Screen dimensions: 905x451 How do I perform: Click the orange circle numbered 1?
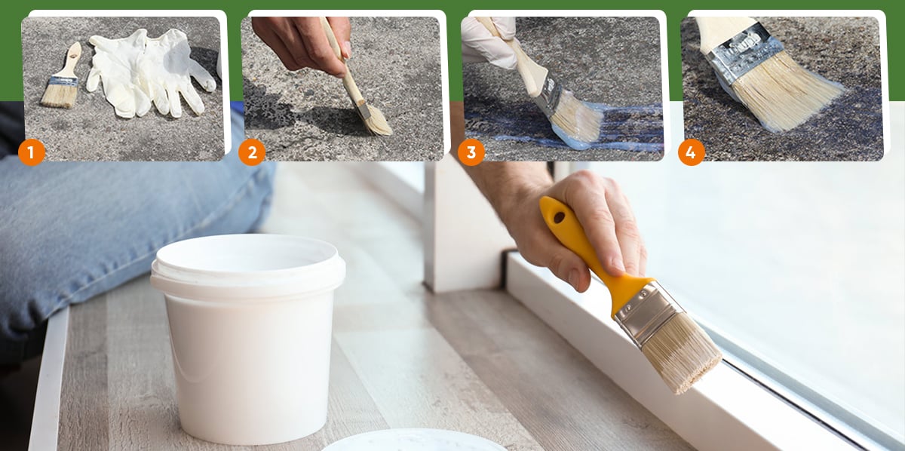pyautogui.click(x=32, y=152)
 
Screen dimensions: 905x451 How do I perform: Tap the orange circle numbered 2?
pyautogui.click(x=252, y=152)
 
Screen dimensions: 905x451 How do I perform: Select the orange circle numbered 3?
pyautogui.click(x=471, y=152)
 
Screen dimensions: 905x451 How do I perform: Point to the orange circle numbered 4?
pyautogui.click(x=692, y=152)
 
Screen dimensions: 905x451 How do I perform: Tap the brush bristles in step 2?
pyautogui.click(x=378, y=121)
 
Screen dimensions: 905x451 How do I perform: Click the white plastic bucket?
pyautogui.click(x=247, y=336)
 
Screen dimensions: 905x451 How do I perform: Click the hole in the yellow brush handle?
pyautogui.click(x=559, y=217)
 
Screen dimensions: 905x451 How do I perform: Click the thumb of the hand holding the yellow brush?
pyautogui.click(x=566, y=267)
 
